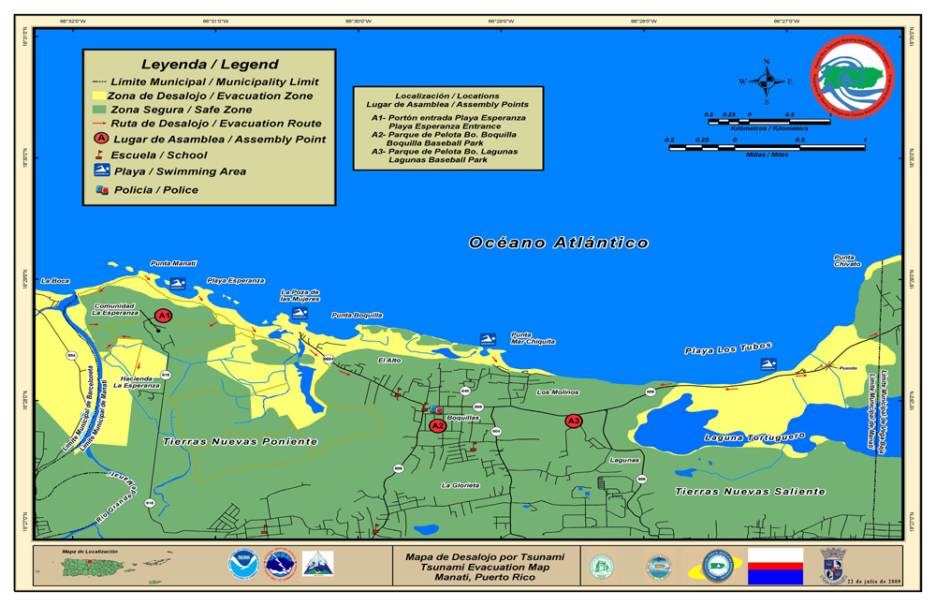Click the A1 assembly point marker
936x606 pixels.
(x=163, y=316)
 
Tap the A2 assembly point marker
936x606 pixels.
(x=437, y=425)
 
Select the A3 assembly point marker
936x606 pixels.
(x=574, y=421)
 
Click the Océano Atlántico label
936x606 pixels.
(x=559, y=243)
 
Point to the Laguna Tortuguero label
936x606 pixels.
(x=754, y=436)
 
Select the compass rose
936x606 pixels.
(x=767, y=81)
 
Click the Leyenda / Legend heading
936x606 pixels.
(x=210, y=65)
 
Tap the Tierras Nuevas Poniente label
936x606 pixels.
(x=240, y=440)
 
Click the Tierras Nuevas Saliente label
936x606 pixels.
(x=751, y=491)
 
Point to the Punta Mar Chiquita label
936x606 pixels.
(x=533, y=338)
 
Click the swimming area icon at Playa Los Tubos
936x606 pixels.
(x=768, y=363)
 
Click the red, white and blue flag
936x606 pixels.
(x=775, y=567)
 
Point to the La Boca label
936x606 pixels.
(x=54, y=280)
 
